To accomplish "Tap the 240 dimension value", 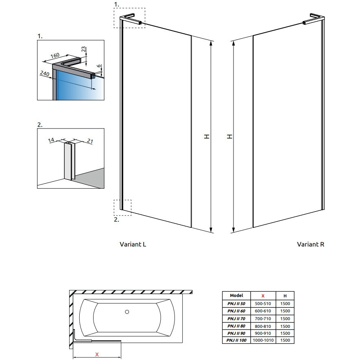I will coord(45,73).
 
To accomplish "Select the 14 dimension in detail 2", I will coord(51,140).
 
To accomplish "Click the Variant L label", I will coord(133,244).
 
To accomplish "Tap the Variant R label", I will coord(310,244).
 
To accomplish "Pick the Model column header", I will coord(236,296).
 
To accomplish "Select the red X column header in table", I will coord(262,296).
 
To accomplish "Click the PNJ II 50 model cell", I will coord(236,303).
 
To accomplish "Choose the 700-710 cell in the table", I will coord(262,319).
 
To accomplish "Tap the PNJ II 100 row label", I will coord(236,340).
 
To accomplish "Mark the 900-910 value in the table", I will coord(262,333).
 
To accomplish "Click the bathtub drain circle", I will coord(127,312).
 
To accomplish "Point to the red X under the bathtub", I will coord(97,354).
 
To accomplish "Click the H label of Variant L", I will coord(207,137).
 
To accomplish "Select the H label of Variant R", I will coord(230,137).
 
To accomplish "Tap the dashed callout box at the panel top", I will coord(129,18).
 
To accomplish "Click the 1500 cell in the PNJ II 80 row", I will coord(285,326).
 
